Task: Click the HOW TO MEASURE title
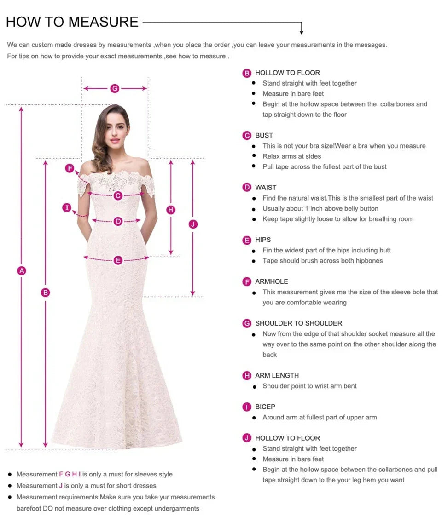[x=72, y=22]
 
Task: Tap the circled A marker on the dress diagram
[x=22, y=270]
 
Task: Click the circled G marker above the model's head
[x=115, y=88]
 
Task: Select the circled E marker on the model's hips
[x=118, y=260]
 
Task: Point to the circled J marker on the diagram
[x=193, y=224]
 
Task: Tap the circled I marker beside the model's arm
[x=67, y=208]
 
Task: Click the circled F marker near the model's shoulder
[x=70, y=168]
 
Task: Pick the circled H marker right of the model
[x=171, y=210]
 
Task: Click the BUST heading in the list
[x=264, y=135]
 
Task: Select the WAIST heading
[x=266, y=187]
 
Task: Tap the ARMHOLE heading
[x=271, y=281]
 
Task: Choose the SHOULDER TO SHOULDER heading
[x=298, y=323]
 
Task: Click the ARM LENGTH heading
[x=277, y=375]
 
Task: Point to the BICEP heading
[x=265, y=407]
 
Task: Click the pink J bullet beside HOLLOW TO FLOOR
[x=247, y=438]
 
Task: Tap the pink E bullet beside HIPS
[x=247, y=240]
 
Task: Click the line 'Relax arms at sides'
[x=291, y=156]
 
